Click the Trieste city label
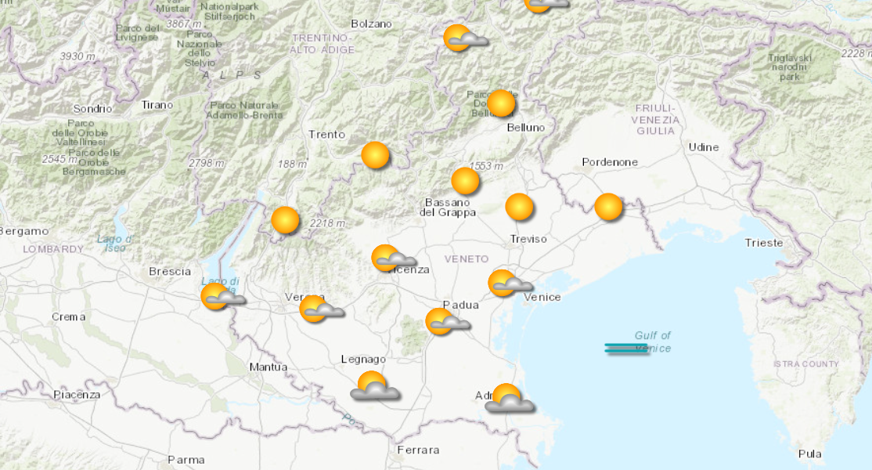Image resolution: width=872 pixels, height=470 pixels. [763, 243]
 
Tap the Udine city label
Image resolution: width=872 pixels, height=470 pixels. [703, 147]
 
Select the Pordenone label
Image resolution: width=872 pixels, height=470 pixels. [610, 162]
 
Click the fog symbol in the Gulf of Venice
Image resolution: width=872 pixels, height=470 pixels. [626, 349]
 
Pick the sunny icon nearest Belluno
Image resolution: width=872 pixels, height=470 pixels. [501, 103]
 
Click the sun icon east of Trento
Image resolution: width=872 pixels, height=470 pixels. [376, 155]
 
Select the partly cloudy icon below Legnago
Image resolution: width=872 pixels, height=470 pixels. [374, 386]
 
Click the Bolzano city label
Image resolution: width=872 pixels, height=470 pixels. [371, 23]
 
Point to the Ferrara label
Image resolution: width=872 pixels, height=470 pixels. [418, 450]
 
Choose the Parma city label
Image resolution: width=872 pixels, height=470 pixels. [186, 459]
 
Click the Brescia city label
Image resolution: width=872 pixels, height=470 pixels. [170, 271]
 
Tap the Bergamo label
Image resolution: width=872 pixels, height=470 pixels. [23, 231]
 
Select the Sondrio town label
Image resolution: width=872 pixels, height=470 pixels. [92, 109]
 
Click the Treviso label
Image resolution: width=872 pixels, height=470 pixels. [528, 238]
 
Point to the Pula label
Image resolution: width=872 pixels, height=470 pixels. [809, 454]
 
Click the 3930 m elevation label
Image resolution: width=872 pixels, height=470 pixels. [77, 56]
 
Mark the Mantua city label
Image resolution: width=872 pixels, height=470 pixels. [268, 367]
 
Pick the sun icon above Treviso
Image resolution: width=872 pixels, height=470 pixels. [519, 207]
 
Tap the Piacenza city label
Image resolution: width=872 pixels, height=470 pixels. [77, 395]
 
